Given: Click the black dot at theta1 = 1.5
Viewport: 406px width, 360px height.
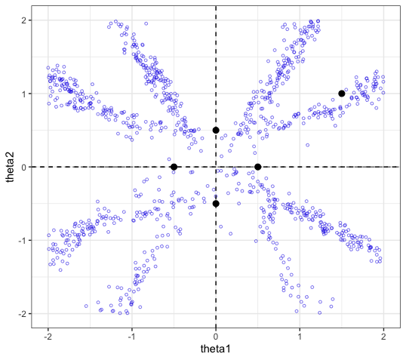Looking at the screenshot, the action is (x=342, y=94).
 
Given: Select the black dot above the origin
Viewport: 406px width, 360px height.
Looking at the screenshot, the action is (x=216, y=131).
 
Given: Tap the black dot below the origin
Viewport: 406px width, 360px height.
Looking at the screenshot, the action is (x=216, y=204).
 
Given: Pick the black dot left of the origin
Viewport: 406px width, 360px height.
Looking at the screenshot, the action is (x=174, y=167).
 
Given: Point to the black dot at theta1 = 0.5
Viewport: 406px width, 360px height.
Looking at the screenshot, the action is (x=257, y=167).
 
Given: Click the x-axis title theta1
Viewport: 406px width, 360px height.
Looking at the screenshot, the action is (x=215, y=349).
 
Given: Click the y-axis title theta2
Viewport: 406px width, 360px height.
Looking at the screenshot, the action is (x=11, y=167).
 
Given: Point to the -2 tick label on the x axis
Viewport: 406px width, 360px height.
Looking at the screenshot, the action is (x=48, y=337).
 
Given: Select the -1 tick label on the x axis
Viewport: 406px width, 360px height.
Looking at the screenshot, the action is (x=132, y=337).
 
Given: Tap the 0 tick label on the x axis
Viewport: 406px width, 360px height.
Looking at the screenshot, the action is (x=216, y=337).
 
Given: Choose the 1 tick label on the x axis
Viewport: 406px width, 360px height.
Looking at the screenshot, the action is (x=300, y=337).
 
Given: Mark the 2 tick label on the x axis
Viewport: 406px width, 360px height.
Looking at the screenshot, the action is (x=383, y=337).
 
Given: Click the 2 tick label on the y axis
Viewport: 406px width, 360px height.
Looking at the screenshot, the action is (x=24, y=20).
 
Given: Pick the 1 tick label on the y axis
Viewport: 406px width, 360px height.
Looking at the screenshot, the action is (x=24, y=94).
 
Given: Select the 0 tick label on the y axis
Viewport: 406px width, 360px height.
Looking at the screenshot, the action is (x=24, y=168).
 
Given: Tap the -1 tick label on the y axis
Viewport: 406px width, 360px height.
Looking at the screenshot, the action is (x=23, y=241).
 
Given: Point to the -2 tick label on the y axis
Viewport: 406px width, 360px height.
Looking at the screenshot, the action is (x=23, y=314).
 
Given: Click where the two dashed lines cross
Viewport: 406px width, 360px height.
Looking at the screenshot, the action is (x=216, y=167).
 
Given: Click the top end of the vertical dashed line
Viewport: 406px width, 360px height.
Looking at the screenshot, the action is (x=216, y=6).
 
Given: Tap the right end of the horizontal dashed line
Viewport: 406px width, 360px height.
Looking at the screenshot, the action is (x=400, y=167).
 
